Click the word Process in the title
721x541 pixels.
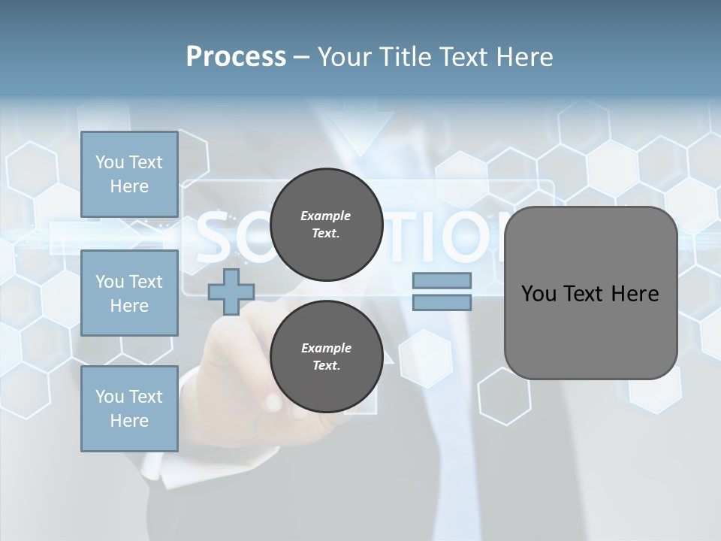236,57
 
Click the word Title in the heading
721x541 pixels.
405,57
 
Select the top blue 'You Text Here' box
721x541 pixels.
129,174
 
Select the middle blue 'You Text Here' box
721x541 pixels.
129,293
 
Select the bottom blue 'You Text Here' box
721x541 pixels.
129,409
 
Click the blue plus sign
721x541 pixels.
231,292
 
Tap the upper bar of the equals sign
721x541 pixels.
442,280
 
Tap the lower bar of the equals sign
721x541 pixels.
442,302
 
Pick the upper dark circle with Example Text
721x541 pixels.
326,224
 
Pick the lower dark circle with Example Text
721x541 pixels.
326,357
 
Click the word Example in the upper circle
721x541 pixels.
325,216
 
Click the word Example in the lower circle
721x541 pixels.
326,348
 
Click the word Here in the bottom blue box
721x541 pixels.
129,421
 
